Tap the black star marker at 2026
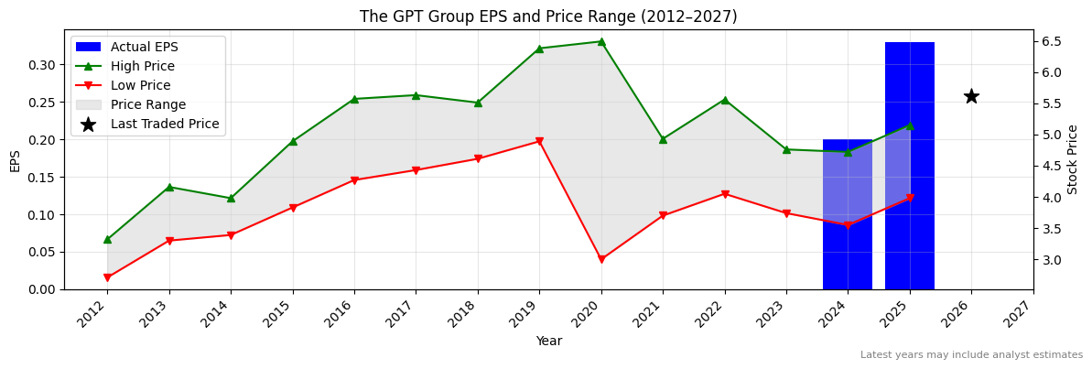(x=971, y=96)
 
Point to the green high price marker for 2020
(x=601, y=41)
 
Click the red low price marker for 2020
(x=601, y=260)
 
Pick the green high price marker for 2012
(x=107, y=239)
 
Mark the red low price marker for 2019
(x=539, y=141)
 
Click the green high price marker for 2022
(x=724, y=100)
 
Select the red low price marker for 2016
(x=354, y=180)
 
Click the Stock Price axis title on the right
(x=1073, y=159)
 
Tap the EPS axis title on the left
(x=16, y=161)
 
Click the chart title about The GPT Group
(x=548, y=16)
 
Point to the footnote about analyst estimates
(x=971, y=354)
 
